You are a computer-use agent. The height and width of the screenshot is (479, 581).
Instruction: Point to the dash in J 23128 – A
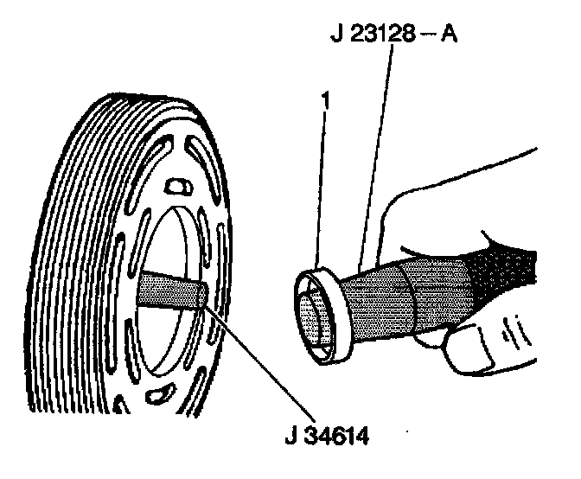pyautogui.click(x=426, y=36)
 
